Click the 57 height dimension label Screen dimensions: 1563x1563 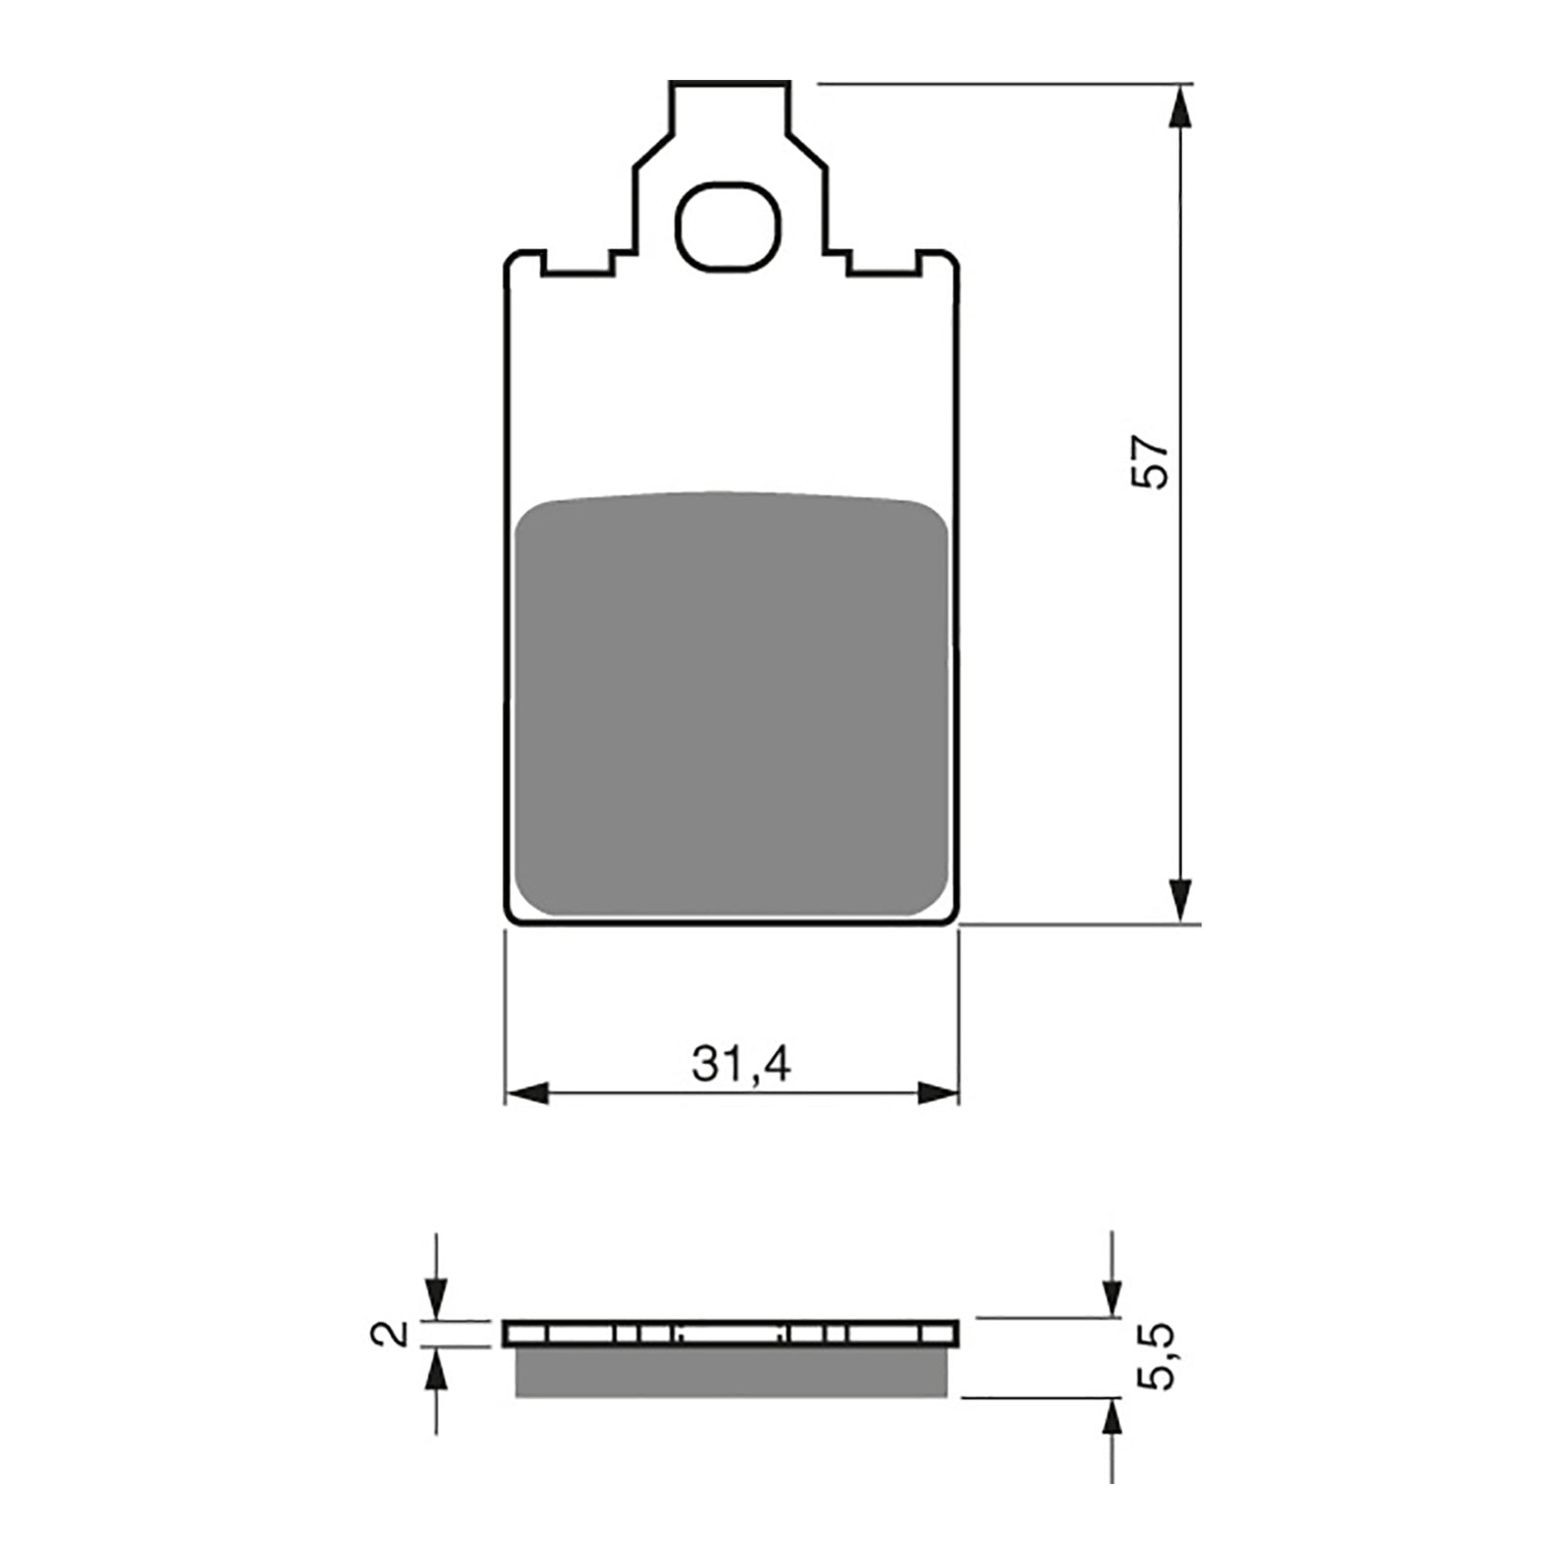tap(1150, 462)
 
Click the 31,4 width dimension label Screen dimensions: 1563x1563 tap(740, 1065)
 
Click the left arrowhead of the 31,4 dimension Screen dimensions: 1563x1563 tap(528, 1094)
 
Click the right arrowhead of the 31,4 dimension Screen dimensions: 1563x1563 tap(938, 1094)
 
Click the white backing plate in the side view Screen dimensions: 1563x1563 tap(731, 1333)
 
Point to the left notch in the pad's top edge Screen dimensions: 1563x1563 tap(578, 262)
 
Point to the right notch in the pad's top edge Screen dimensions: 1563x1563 tap(884, 262)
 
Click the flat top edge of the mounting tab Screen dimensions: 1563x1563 tap(730, 83)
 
